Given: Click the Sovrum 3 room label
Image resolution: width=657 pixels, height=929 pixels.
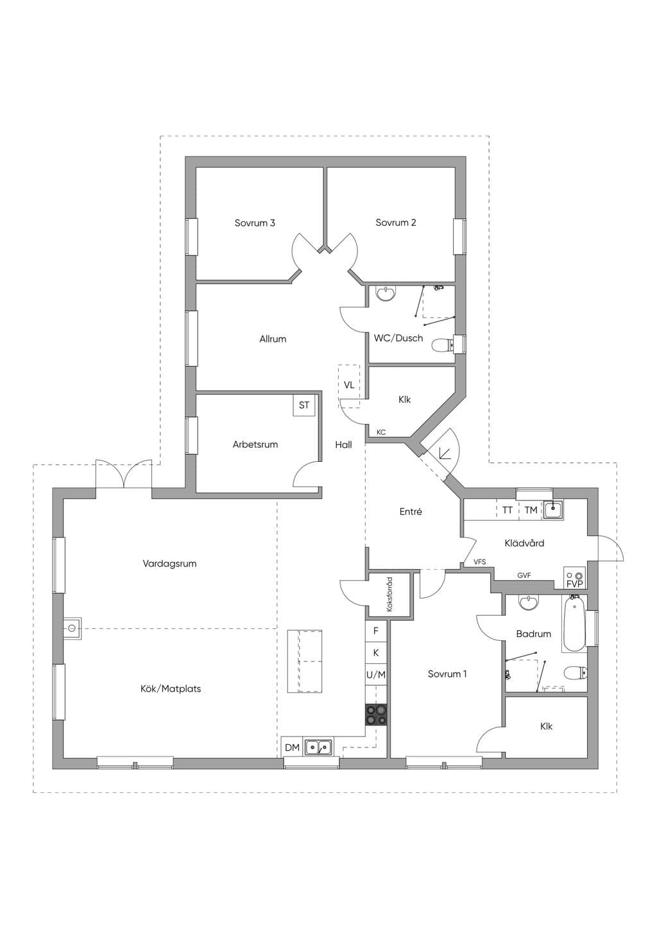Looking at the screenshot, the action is pos(255,223).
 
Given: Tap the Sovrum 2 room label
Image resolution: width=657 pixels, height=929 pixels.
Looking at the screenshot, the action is pos(396,222).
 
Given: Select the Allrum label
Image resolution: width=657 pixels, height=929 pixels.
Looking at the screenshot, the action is pos(273,339).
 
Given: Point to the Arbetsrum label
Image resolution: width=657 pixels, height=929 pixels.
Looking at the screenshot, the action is pos(255,445).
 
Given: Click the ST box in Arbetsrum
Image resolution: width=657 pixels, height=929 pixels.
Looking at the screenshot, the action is pos(304,405).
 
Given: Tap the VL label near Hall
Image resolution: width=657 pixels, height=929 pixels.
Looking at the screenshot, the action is pos(349,385).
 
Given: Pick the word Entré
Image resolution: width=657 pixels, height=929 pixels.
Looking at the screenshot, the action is pos(411,511).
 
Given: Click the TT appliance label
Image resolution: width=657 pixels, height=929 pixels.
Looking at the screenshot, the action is pos(508,510).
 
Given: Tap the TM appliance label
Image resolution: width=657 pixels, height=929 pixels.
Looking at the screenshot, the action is pos(531,510).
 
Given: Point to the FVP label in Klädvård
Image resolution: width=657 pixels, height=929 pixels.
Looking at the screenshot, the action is pos(574,584).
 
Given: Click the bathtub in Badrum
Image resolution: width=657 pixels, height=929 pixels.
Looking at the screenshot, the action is pos(574,624).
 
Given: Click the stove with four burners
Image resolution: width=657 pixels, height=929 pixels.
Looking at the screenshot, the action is pos(376,715).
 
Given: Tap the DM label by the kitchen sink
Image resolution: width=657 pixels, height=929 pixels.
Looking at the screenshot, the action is pos(293,747).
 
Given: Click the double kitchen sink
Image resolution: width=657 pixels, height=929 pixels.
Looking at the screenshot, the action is pos(318,747).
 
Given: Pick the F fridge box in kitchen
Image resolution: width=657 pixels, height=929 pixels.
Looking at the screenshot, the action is pos(376,631).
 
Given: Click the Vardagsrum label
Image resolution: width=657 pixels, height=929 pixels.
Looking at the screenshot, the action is pos(169,563).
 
